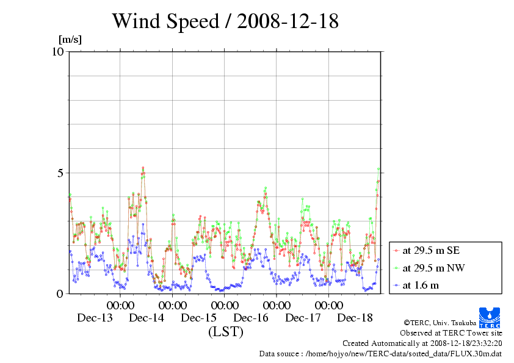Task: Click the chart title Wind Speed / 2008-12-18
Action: coord(225,22)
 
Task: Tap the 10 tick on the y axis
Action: coord(57,51)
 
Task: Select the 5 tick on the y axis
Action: coord(60,173)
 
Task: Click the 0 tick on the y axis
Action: coord(60,293)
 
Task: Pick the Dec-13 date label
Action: coord(95,318)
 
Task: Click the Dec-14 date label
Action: coord(147,318)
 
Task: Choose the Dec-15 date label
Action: coord(199,318)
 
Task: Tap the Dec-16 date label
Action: coord(251,318)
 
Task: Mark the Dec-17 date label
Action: coord(303,318)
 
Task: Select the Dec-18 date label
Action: coord(355,318)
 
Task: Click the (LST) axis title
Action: coord(225,332)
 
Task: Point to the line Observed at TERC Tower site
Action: coord(451,333)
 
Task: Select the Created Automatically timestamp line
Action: coord(422,343)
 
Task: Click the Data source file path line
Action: coord(380,353)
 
